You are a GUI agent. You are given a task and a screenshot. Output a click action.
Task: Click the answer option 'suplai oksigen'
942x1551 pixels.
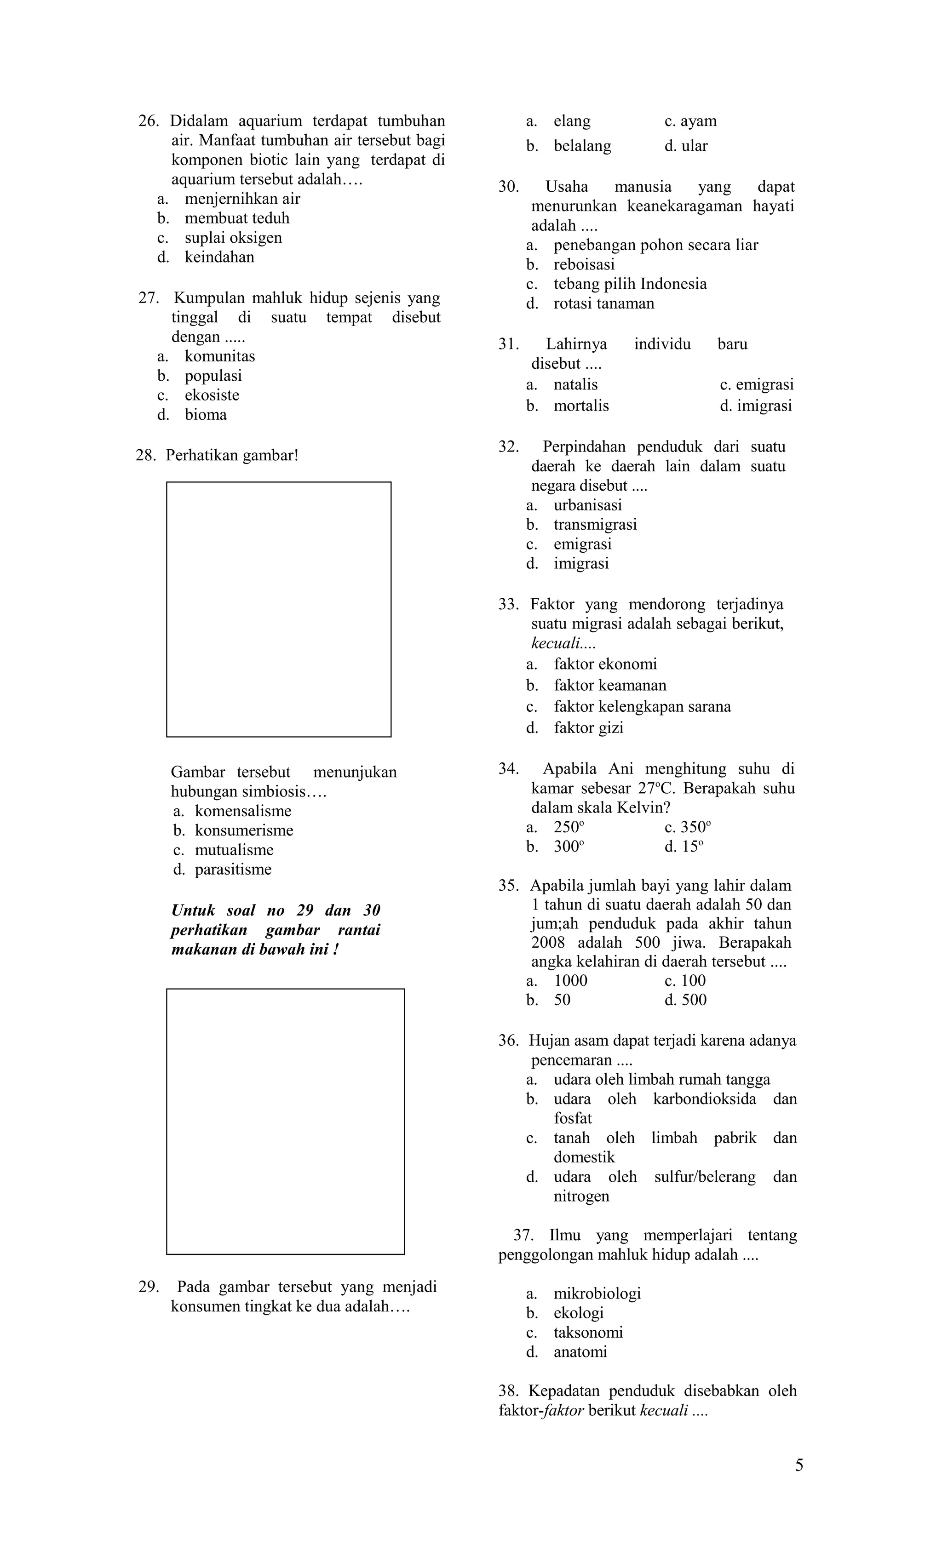point(233,238)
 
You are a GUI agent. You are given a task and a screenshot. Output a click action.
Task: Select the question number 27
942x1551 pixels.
point(148,298)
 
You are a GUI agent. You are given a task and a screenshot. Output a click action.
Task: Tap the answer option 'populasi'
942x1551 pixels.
point(213,376)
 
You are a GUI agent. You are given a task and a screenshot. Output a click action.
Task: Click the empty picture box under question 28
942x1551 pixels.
point(278,609)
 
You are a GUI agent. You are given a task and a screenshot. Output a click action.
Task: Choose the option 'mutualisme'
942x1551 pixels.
point(234,850)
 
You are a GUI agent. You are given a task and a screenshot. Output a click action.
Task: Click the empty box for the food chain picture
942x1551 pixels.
point(285,1121)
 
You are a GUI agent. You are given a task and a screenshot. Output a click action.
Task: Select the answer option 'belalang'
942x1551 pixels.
point(582,146)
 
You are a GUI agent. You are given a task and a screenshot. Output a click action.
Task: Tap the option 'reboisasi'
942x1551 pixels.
point(584,264)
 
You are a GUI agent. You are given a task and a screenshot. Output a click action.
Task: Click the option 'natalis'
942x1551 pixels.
point(575,384)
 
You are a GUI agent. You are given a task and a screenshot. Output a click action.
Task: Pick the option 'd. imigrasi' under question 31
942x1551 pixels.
point(756,406)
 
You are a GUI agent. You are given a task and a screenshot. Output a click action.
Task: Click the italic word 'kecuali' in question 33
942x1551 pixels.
point(555,643)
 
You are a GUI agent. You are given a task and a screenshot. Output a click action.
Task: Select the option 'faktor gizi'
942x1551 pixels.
point(588,727)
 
